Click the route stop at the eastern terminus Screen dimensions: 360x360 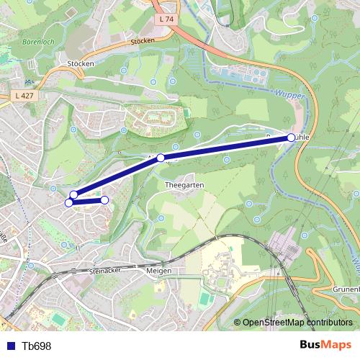pos(291,137)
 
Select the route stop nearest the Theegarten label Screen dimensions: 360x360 pos(161,158)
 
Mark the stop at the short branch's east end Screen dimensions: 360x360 pos(104,200)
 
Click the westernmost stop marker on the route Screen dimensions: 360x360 pos(69,203)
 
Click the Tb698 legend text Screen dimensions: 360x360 pos(36,346)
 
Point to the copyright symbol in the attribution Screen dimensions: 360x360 pos(238,323)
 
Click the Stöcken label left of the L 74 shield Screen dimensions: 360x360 pos(143,41)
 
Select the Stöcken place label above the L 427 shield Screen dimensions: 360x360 pos(81,64)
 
